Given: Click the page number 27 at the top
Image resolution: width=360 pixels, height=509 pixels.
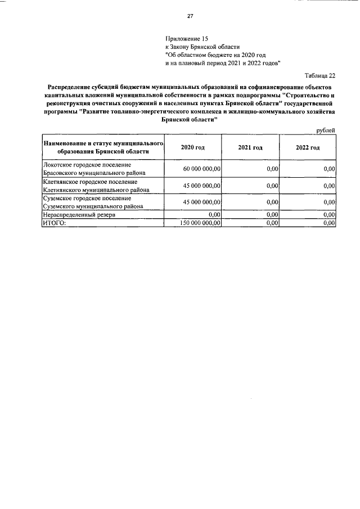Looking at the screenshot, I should (190, 16).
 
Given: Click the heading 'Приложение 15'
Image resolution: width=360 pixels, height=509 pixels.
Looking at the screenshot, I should (183, 39).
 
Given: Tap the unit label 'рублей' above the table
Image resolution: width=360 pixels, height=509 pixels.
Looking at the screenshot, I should (326, 130).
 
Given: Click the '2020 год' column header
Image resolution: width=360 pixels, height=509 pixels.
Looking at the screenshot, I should (192, 147).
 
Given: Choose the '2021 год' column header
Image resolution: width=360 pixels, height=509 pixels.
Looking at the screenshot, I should (250, 147).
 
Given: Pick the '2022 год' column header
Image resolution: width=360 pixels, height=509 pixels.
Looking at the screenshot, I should (308, 147).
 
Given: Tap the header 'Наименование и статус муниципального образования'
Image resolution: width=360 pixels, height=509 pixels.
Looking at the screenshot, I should (103, 147).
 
